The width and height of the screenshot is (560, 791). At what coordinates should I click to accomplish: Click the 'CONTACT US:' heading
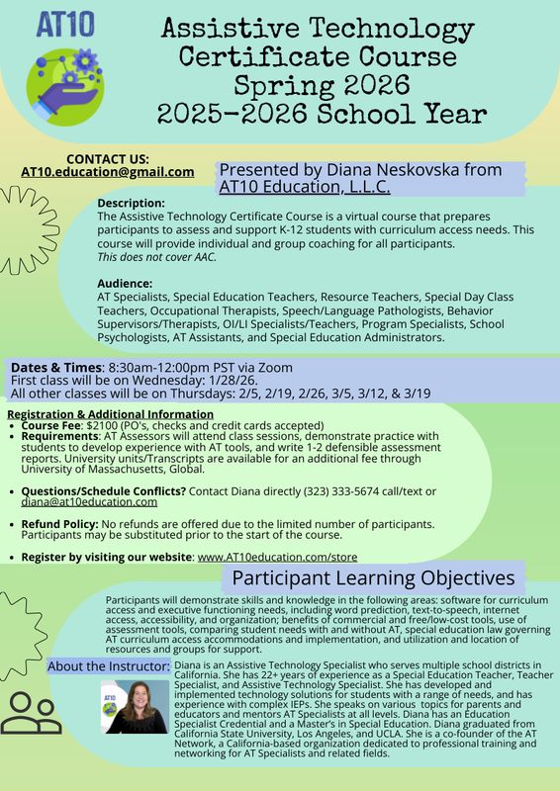tap(108, 158)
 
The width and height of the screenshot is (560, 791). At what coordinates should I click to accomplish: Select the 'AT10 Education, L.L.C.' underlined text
tap(305, 186)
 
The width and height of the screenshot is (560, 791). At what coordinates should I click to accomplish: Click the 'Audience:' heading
tap(126, 284)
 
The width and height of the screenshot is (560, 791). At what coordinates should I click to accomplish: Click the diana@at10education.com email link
tap(80, 502)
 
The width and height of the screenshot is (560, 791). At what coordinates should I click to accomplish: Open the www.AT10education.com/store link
tap(277, 558)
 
